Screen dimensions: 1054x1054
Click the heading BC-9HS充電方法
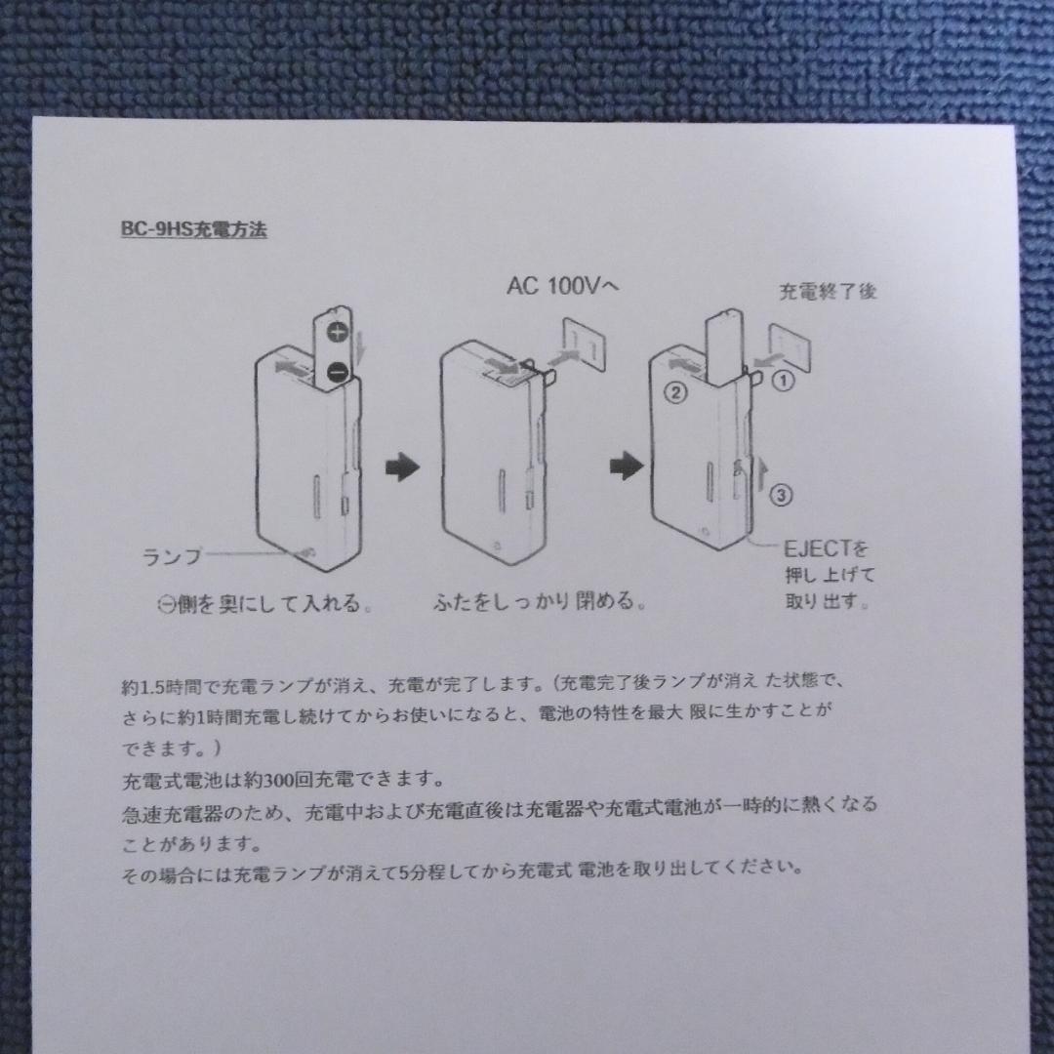pos(193,231)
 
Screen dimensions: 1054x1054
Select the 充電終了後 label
pos(827,290)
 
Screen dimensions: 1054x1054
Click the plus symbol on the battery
pos(338,333)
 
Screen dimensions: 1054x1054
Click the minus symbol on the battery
pos(336,371)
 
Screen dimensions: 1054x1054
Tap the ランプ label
pos(172,557)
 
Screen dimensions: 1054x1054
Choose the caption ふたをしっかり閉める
pos(539,602)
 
